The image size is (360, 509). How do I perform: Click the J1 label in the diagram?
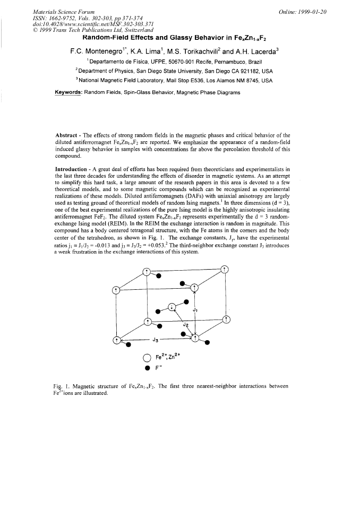[195, 309]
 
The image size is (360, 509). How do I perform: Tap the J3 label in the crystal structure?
[156, 339]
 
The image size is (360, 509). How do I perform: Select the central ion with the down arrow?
[171, 307]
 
